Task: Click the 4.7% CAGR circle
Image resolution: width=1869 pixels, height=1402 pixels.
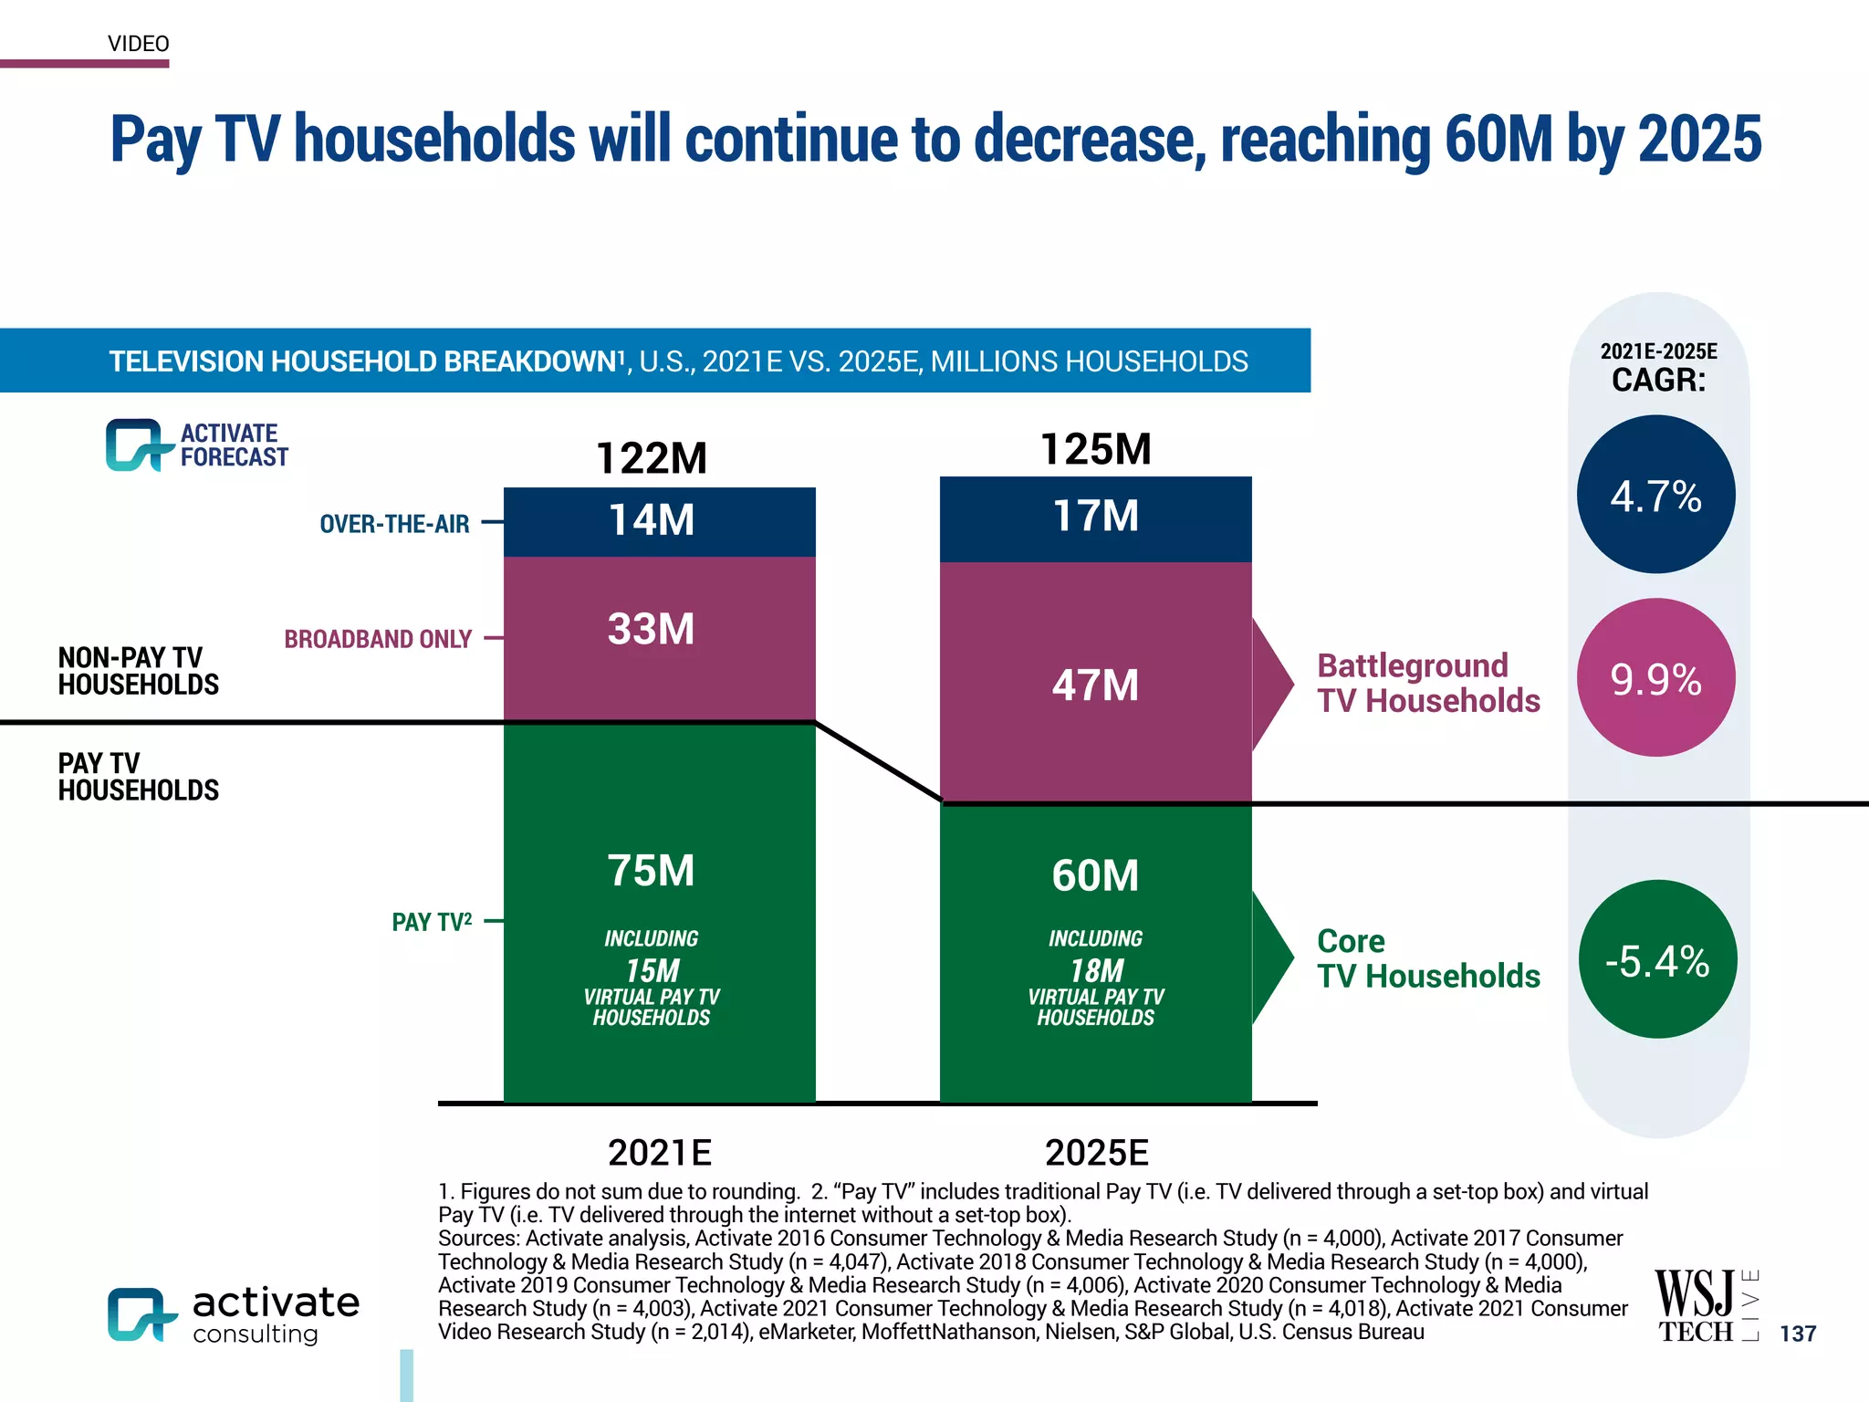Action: click(x=1655, y=495)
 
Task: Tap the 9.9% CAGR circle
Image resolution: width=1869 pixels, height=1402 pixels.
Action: click(x=1655, y=677)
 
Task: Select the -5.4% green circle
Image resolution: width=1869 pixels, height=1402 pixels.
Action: click(x=1657, y=959)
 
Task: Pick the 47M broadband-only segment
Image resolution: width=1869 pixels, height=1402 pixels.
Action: click(x=1095, y=685)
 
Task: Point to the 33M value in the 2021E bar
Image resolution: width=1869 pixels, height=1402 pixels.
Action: click(x=652, y=629)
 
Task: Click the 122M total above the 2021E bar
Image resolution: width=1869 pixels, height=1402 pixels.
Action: click(x=652, y=458)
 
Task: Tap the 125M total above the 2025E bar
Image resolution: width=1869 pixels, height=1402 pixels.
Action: click(x=1095, y=449)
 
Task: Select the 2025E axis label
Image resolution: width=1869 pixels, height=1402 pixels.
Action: click(x=1096, y=1153)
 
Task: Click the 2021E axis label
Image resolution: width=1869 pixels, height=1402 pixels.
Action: click(x=659, y=1153)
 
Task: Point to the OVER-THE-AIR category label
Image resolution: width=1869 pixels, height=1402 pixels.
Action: click(x=394, y=524)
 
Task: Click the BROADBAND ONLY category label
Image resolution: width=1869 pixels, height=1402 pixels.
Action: click(x=378, y=639)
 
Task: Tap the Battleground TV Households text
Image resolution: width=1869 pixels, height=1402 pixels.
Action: click(x=1428, y=683)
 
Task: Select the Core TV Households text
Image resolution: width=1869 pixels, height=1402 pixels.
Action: click(x=1428, y=958)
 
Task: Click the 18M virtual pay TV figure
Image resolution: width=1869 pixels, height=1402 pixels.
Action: click(x=1096, y=970)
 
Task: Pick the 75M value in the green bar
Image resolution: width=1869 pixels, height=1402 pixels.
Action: click(x=652, y=870)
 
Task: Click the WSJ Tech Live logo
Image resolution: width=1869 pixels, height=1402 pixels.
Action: click(x=1705, y=1305)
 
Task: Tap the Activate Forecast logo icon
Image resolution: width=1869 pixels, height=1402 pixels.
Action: click(x=137, y=445)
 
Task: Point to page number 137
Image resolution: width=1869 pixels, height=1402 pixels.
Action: click(x=1798, y=1334)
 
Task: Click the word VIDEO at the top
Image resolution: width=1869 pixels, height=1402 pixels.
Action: click(x=139, y=44)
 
